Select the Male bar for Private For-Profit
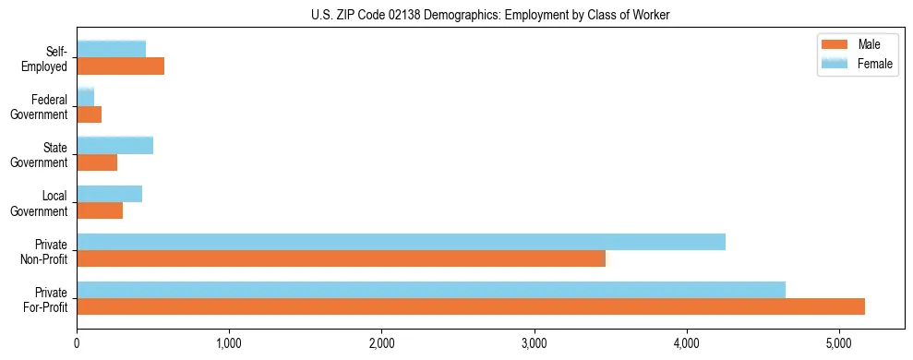471,306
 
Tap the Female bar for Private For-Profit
431,290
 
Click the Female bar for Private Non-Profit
401,242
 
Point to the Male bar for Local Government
100,210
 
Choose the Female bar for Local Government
110,194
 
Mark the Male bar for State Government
97,162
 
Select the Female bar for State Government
115,146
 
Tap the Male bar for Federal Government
90,114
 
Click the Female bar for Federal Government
86,98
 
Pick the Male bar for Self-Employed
121,66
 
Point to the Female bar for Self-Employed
112,50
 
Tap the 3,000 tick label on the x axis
535,344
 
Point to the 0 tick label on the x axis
78,344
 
